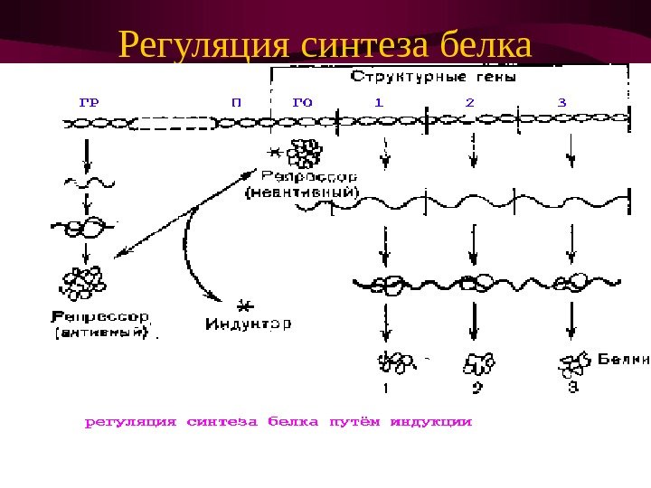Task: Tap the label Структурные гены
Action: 433,78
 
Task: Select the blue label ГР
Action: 89,101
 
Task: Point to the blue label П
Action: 236,101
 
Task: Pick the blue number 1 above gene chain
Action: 379,101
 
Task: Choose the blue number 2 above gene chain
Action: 469,101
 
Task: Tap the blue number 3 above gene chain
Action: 562,101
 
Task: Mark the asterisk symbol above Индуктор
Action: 241,305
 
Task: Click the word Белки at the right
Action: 624,358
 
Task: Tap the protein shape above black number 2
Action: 477,363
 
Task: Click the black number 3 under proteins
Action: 571,388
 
